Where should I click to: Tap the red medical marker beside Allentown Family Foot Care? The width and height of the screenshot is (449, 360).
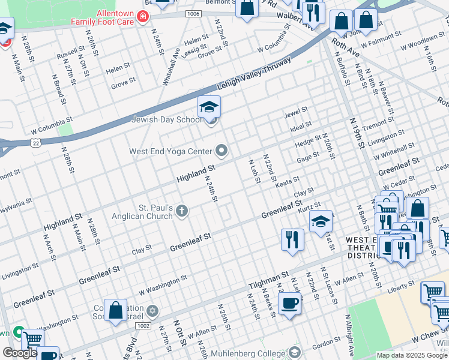(x=142, y=17)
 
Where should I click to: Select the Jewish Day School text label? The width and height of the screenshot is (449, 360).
(x=166, y=119)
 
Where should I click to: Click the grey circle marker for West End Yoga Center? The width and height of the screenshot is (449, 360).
(x=222, y=151)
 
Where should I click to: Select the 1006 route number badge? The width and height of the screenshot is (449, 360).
(x=193, y=13)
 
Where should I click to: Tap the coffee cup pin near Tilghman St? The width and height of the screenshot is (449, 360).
(x=290, y=304)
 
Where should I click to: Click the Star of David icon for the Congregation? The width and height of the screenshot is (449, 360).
(x=152, y=311)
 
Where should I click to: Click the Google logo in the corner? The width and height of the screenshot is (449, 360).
(x=19, y=353)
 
